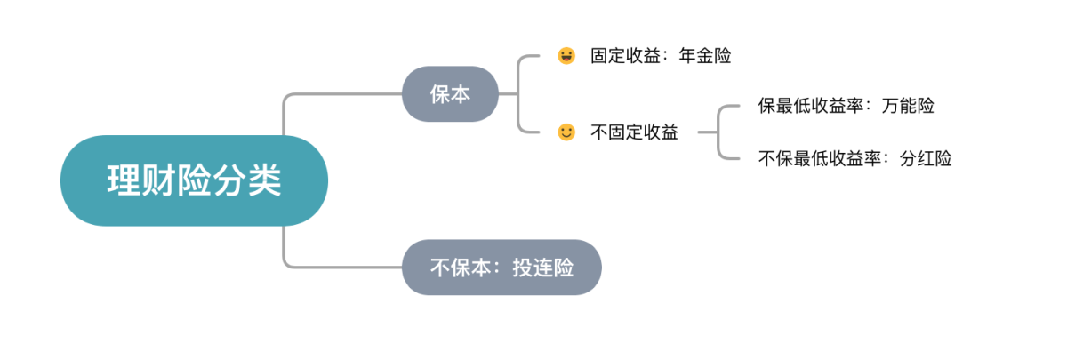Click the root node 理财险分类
click(x=194, y=180)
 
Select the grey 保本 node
click(x=449, y=93)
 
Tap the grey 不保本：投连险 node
click(x=501, y=267)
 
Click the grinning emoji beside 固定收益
click(x=566, y=56)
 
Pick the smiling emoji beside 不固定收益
click(x=566, y=132)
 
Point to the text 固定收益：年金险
click(x=661, y=56)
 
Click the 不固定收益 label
click(x=634, y=132)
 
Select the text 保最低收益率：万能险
click(x=846, y=106)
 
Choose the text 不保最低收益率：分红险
click(x=854, y=159)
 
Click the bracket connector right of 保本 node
click(x=518, y=93)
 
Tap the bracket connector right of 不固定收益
click(x=718, y=132)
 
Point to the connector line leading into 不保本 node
click(x=342, y=266)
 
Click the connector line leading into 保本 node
click(x=342, y=93)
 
